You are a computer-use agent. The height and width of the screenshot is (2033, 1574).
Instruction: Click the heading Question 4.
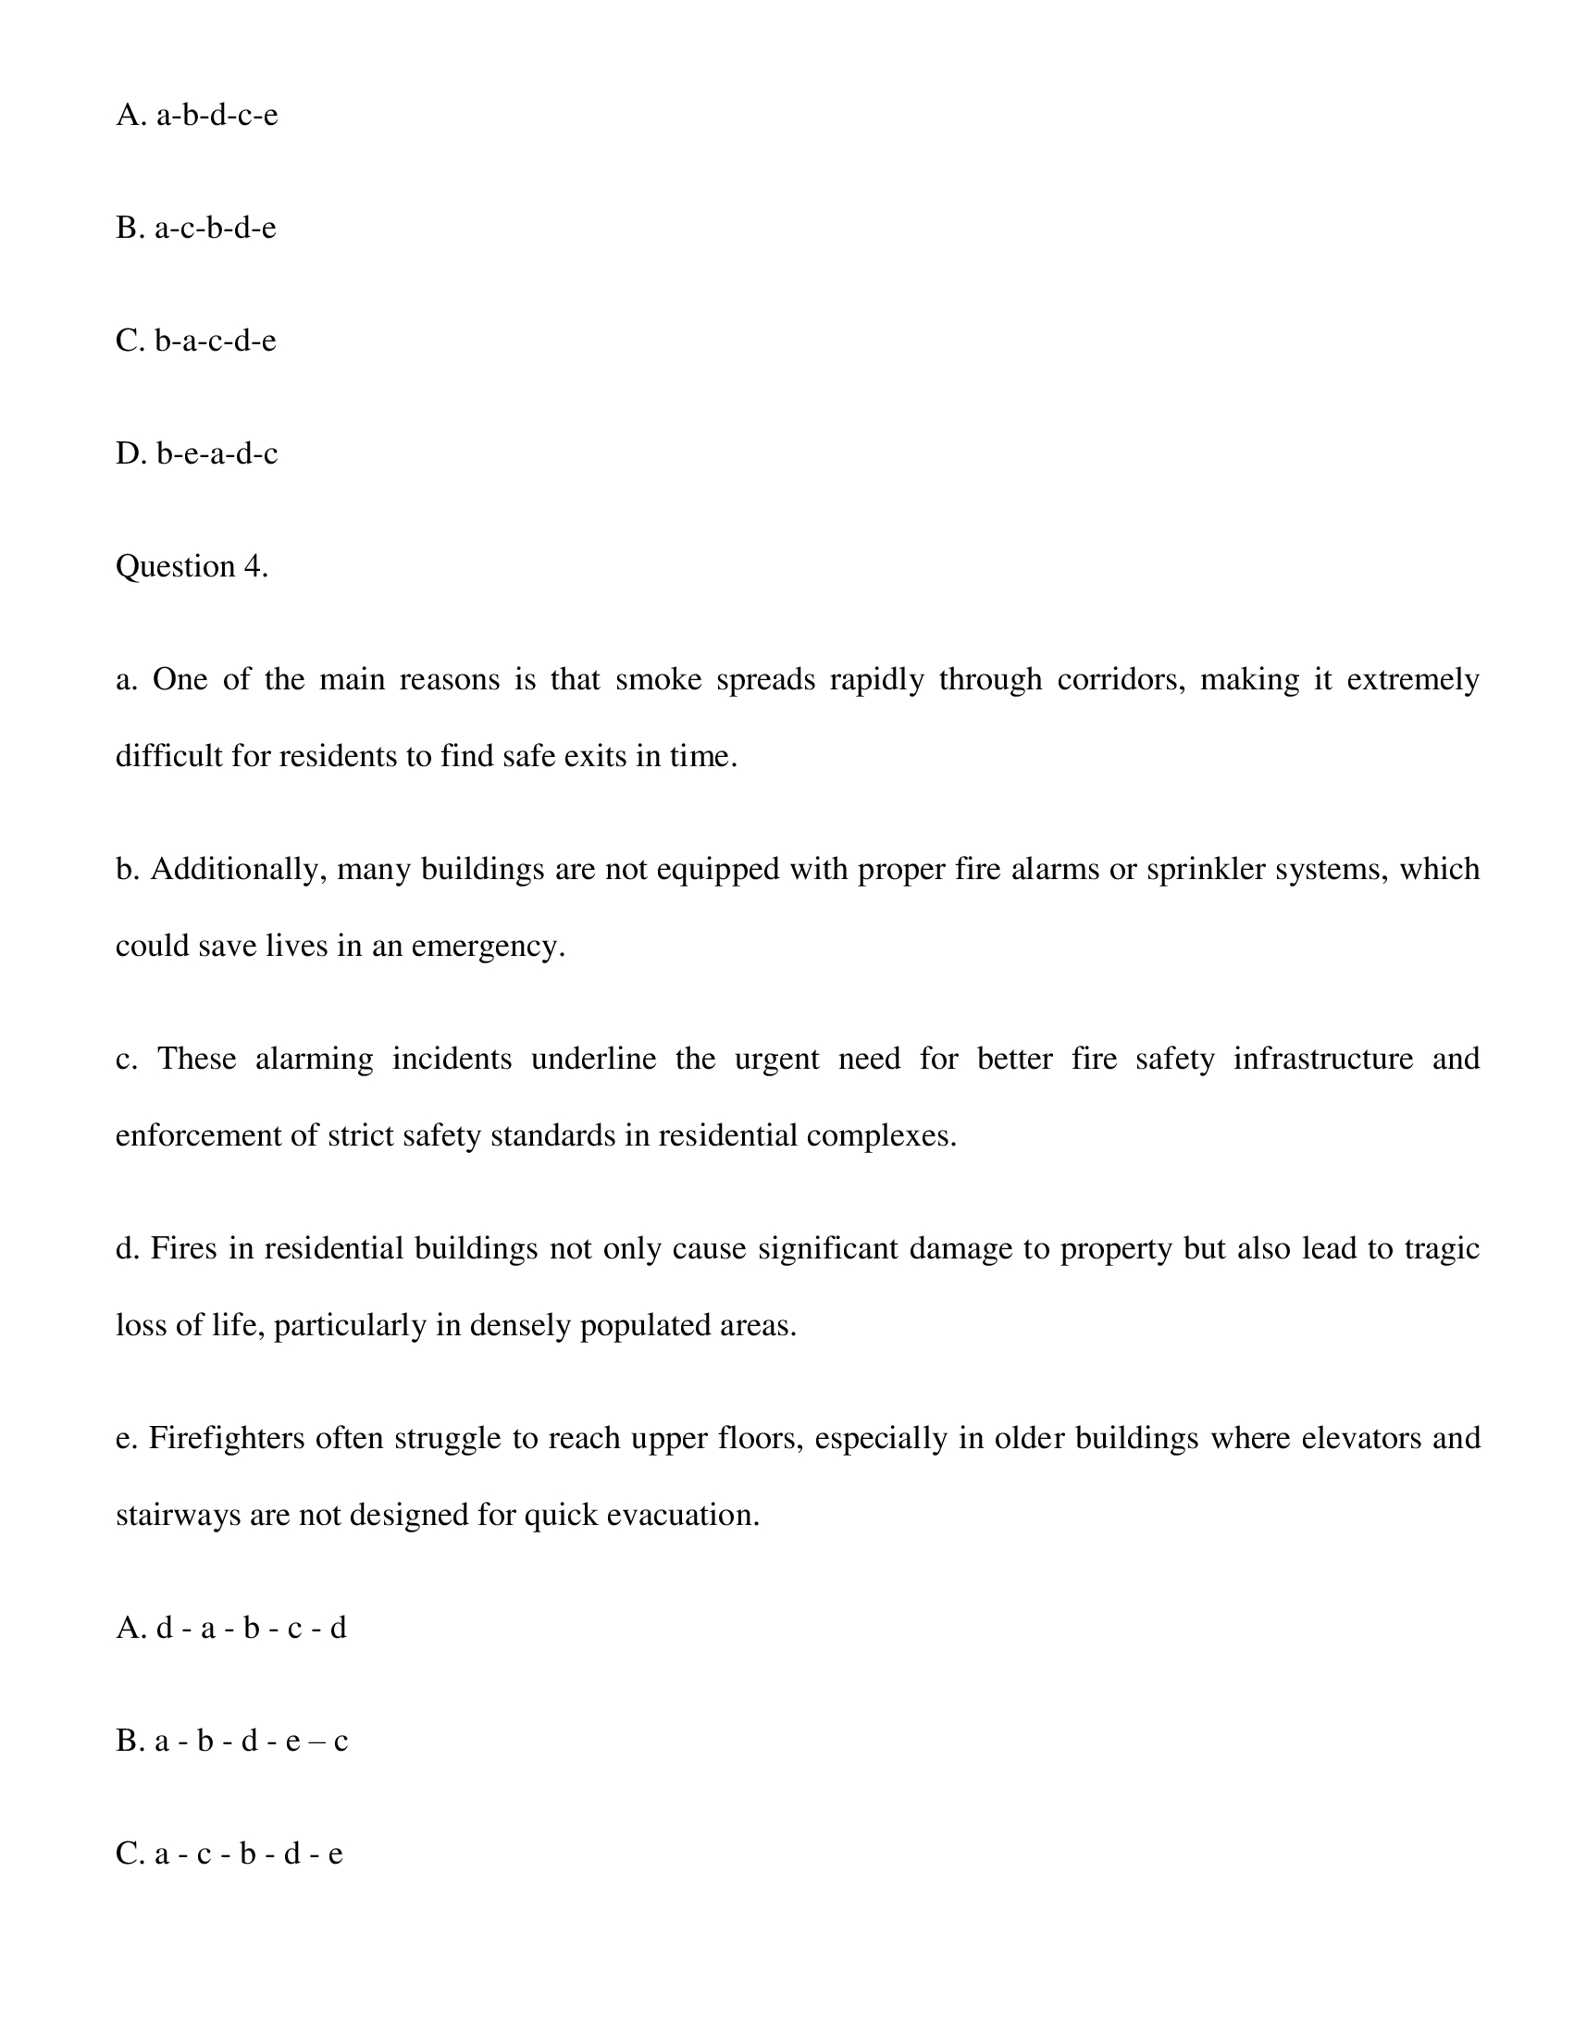point(192,567)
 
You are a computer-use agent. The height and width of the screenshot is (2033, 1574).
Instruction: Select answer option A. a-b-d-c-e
point(196,116)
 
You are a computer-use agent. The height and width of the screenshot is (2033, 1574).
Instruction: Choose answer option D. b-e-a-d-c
point(196,454)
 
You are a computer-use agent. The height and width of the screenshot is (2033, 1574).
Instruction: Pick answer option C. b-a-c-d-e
point(195,341)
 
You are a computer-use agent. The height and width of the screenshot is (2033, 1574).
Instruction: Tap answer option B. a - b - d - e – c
point(231,1741)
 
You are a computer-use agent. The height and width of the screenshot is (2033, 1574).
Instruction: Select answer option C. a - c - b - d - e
point(229,1853)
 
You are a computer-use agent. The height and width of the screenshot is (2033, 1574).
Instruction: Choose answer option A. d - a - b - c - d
point(230,1628)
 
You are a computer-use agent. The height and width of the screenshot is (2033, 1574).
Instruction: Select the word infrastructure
point(1322,1060)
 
